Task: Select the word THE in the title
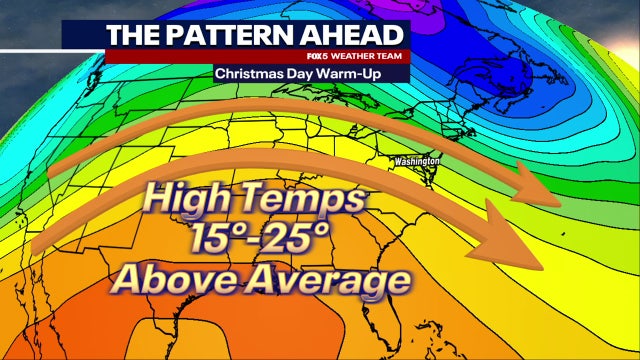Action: click(x=135, y=35)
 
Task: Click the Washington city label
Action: click(x=416, y=161)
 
